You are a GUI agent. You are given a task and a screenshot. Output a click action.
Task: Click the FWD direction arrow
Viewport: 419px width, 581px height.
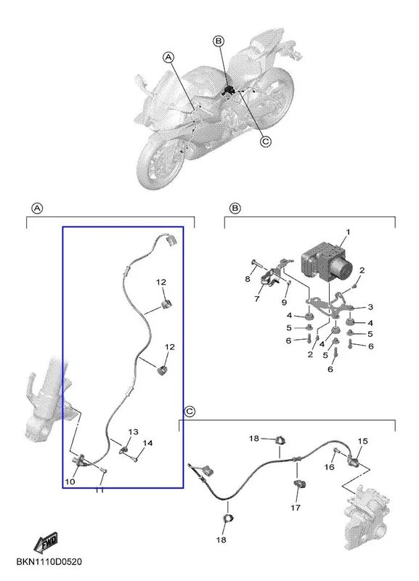[46, 541]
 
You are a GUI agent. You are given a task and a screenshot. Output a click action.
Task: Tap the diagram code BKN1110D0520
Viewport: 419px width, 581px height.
[49, 561]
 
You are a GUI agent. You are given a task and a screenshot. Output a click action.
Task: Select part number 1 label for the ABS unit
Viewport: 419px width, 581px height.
[348, 232]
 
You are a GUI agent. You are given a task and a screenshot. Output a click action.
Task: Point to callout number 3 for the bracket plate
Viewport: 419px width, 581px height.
[370, 306]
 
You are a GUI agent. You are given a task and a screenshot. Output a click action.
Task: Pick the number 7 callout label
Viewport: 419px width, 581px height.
[257, 298]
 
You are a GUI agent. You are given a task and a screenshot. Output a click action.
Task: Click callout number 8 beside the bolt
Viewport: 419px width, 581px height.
[248, 279]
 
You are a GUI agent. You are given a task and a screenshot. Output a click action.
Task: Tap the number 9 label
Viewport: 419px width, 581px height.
[284, 302]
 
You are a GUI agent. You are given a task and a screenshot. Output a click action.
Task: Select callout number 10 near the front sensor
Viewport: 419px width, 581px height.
[70, 482]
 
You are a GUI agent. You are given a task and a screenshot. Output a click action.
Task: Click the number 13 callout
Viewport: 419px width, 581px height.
[133, 431]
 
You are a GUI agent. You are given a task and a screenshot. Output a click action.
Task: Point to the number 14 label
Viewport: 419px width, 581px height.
[147, 443]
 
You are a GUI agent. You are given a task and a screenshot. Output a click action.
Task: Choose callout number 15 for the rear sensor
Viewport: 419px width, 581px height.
[362, 441]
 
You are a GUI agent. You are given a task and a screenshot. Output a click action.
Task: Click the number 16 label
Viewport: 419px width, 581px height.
[330, 467]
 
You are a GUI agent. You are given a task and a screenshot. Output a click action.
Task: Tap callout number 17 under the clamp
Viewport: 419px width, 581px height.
[296, 507]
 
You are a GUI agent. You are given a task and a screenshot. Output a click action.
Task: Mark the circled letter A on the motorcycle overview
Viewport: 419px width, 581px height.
[168, 57]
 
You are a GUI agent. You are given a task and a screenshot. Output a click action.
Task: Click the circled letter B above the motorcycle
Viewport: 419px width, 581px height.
[219, 41]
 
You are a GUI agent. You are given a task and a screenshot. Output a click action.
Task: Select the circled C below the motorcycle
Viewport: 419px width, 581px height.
[266, 142]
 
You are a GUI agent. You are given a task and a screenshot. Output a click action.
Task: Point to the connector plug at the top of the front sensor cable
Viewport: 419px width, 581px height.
[171, 240]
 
